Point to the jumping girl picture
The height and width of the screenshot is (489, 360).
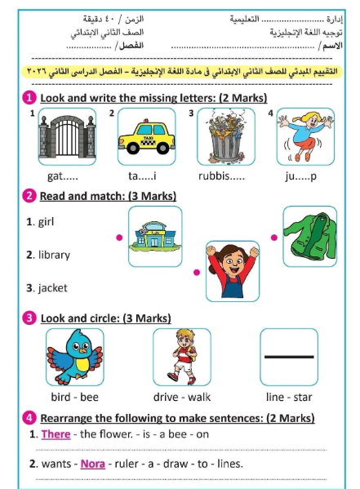[x=303, y=135]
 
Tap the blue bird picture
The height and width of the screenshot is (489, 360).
[x=73, y=357]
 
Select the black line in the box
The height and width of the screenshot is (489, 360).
[x=288, y=357]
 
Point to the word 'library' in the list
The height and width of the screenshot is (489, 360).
[x=51, y=255]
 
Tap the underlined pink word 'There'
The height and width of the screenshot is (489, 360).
[x=56, y=434]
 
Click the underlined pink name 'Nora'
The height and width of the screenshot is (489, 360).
[x=91, y=464]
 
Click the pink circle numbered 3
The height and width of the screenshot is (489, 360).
[x=29, y=318]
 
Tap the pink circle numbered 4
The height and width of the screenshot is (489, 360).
[x=29, y=418]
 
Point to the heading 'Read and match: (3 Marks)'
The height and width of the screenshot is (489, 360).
[x=108, y=196]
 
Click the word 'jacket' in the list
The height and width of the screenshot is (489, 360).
[x=51, y=287]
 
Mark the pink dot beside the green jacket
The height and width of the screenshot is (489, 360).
[x=273, y=238]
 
